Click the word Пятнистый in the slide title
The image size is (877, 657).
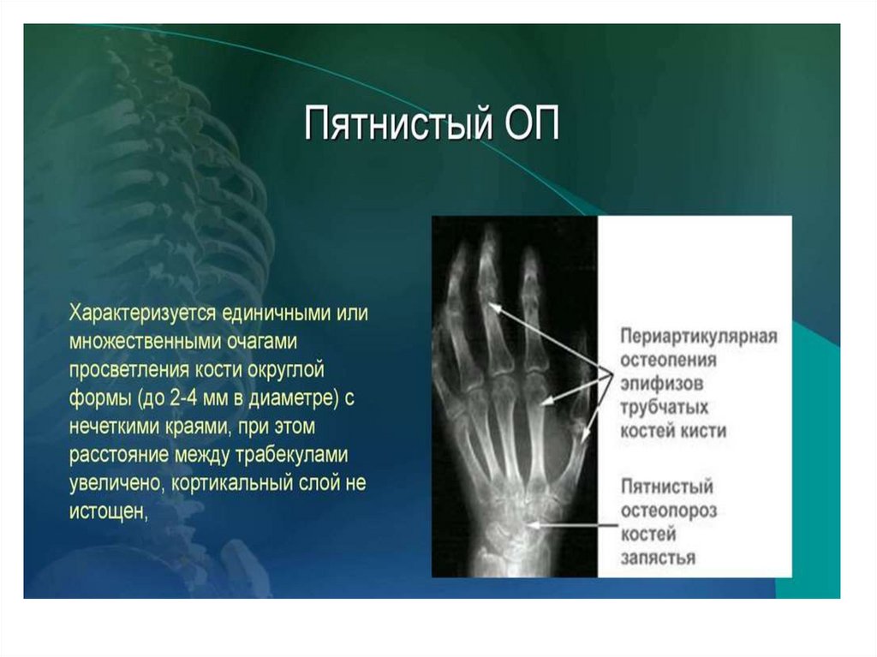[399, 123]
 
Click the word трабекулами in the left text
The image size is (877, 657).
[290, 454]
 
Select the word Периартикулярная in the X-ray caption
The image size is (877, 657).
[699, 337]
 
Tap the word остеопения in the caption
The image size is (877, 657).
[668, 359]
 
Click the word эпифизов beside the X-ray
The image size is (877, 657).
[662, 384]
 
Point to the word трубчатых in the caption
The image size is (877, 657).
[664, 408]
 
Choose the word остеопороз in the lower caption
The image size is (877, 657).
[668, 511]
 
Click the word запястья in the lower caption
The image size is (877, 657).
[658, 558]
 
